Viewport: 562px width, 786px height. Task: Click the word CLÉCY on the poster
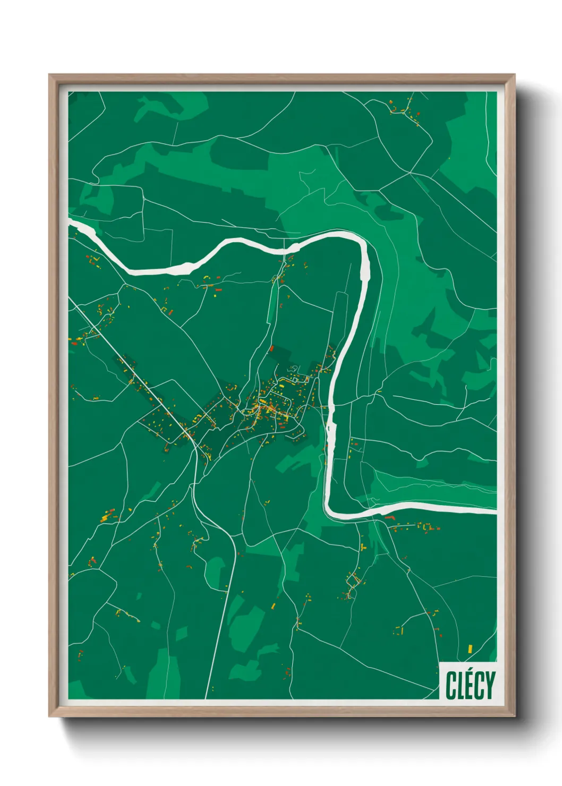[x=470, y=685]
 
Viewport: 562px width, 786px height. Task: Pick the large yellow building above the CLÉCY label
[x=470, y=648]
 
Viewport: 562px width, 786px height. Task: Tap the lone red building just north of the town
[x=272, y=349]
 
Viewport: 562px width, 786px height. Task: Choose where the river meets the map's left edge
[x=71, y=221]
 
